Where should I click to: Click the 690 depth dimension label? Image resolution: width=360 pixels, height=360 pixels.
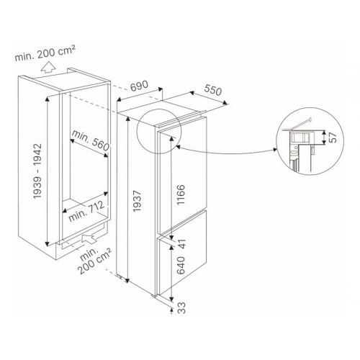click(140, 86)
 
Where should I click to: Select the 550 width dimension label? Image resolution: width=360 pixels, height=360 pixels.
click(213, 90)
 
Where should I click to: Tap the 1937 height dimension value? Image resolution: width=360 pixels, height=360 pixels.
click(137, 201)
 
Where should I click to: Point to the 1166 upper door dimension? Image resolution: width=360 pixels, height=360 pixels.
click(181, 194)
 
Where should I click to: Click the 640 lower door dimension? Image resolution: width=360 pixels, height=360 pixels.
click(181, 265)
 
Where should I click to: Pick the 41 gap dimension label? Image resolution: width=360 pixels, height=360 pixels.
click(181, 244)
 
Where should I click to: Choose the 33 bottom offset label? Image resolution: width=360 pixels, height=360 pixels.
click(182, 307)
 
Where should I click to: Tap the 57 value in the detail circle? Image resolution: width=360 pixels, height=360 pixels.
click(333, 138)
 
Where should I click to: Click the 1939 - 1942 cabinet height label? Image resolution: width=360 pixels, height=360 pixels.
click(37, 171)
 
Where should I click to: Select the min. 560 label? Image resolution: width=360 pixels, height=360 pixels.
click(91, 141)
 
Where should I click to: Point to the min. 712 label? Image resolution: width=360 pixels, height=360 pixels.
click(86, 211)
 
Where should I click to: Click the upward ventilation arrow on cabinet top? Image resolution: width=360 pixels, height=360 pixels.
click(48, 67)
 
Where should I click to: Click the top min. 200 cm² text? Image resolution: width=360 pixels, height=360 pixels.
click(45, 53)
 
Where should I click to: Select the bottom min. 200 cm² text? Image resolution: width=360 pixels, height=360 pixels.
click(93, 261)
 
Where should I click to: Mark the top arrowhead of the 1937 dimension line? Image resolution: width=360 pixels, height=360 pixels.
click(127, 119)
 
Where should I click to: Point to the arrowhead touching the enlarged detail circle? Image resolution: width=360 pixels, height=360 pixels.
click(274, 150)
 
